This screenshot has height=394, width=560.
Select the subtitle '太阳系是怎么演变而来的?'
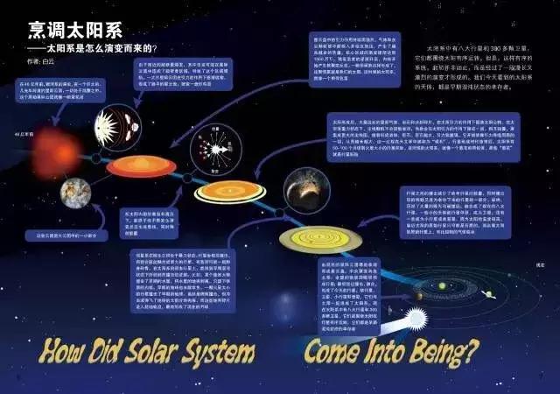coord(106,48)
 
